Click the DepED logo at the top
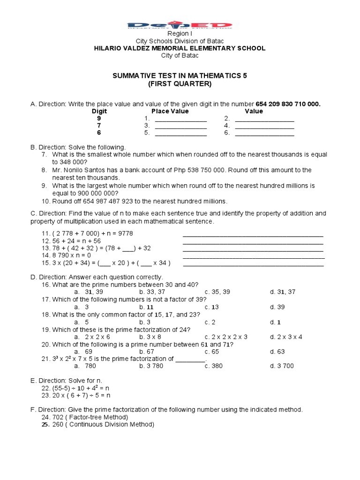pos(180,26)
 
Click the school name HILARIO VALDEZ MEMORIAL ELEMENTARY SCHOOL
pos(180,48)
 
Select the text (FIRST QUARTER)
pos(180,84)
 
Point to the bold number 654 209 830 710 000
pos(288,104)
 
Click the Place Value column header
pos(170,111)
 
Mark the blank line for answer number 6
pos(264,134)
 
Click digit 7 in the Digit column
pos(98,126)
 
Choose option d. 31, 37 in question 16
pos(283,292)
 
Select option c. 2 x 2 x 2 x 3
pos(226,337)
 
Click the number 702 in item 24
pos(58,417)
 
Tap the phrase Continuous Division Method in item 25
pos(113,425)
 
